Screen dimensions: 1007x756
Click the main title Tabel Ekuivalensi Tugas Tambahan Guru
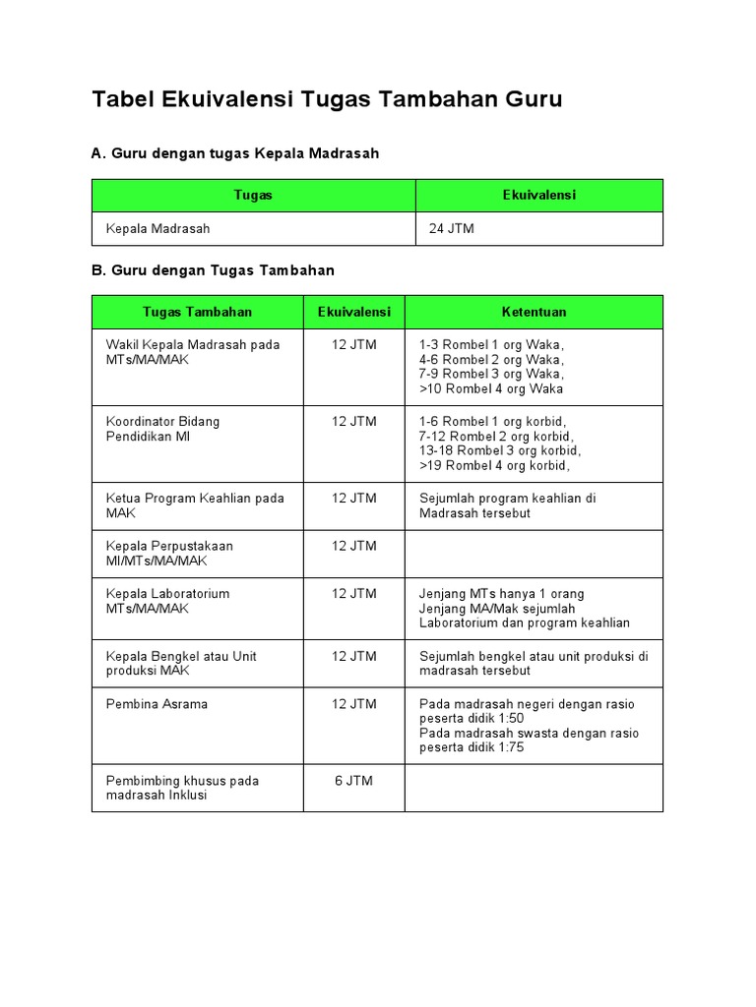coord(327,99)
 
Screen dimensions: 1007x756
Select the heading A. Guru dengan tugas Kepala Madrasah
coord(235,153)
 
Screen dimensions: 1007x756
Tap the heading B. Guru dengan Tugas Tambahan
coord(214,270)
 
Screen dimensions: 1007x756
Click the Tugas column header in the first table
coord(253,196)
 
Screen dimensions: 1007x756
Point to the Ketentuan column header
coord(534,312)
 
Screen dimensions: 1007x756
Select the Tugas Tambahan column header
coord(197,312)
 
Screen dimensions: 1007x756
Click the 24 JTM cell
coord(452,229)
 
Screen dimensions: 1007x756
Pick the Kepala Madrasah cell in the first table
coord(157,229)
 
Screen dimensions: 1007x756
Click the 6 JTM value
coord(353,781)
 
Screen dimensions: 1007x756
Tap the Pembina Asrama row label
coord(157,704)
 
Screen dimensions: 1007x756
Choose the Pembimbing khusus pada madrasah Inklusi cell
coord(182,788)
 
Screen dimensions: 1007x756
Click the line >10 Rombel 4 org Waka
coord(491,388)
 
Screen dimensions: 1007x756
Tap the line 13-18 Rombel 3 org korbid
coord(499,450)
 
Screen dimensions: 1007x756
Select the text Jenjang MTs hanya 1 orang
coord(501,594)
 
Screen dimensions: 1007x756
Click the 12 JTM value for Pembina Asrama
coord(353,704)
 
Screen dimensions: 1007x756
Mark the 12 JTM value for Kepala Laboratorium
coord(353,594)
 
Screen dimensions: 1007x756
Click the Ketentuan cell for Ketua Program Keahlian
coord(507,505)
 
